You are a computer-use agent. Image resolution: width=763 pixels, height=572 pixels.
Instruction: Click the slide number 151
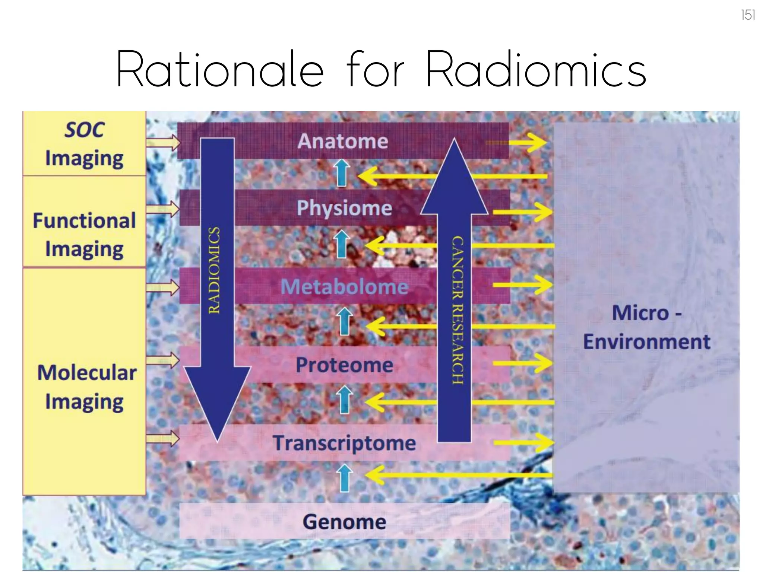coord(748,15)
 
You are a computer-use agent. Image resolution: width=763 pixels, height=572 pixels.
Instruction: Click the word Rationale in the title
coord(220,70)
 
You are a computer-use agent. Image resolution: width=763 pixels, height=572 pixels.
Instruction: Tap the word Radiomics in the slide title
coord(536,70)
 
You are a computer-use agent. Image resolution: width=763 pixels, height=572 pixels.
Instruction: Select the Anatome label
coord(343,141)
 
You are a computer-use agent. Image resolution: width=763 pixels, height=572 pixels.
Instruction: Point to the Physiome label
coord(344,208)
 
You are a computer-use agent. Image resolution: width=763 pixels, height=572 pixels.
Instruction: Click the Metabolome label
coord(344,287)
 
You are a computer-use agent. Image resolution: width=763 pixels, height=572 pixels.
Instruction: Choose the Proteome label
coord(344,365)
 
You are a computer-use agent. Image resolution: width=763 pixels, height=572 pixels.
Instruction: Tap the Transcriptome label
coord(344,443)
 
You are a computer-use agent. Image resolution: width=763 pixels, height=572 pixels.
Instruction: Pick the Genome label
coord(344,522)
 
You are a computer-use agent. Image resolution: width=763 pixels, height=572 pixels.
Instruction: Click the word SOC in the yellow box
coord(85,130)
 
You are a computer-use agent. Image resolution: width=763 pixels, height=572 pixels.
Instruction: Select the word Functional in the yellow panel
coord(84,220)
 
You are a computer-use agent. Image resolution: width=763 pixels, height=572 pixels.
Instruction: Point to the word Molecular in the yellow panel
coord(87,372)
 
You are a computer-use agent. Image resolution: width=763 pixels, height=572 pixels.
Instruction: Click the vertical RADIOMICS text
coord(214,270)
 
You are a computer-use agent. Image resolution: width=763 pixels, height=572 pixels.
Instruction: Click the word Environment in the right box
coord(647,342)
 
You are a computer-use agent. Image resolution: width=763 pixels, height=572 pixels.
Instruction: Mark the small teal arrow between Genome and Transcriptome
coord(344,478)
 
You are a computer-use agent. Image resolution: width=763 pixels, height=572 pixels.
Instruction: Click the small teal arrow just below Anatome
coord(342,172)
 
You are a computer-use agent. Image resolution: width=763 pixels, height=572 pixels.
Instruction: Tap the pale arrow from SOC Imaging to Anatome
coord(163,142)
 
